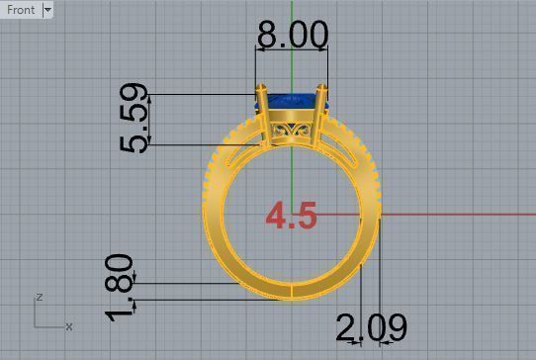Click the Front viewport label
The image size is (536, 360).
tap(21, 10)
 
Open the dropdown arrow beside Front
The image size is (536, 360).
tap(47, 10)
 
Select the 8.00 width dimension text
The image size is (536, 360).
tap(292, 35)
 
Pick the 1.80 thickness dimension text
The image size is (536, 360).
tap(119, 287)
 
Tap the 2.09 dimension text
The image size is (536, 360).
tap(371, 327)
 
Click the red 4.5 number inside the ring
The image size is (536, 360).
tap(292, 216)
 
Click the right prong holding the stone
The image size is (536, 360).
tap(320, 114)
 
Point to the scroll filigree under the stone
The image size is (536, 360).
tap(292, 133)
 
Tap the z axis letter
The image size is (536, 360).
tap(38, 297)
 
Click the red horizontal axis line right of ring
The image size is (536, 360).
tap(455, 214)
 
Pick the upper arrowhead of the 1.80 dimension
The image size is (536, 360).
tap(134, 280)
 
